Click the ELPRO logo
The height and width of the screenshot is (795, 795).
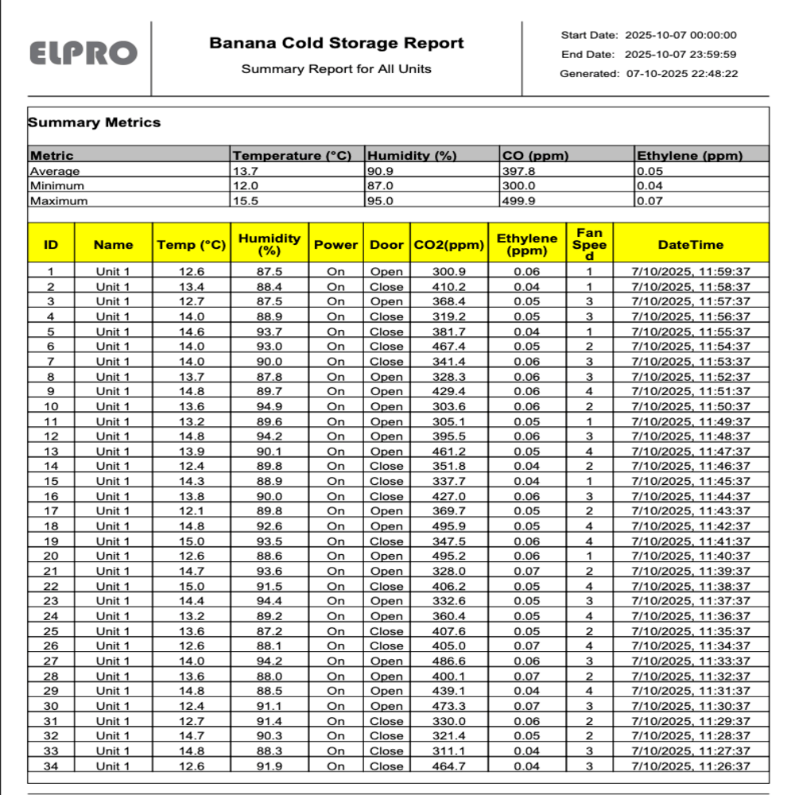(83, 52)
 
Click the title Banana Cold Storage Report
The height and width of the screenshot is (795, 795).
(336, 43)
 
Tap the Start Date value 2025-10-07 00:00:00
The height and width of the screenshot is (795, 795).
(681, 35)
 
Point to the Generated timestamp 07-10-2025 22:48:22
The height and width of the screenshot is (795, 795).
(681, 74)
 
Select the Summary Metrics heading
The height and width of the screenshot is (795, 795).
(95, 122)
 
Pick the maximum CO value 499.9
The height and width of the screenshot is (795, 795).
(518, 201)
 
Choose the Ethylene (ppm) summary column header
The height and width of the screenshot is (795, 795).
(689, 156)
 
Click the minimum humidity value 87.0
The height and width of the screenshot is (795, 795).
(379, 186)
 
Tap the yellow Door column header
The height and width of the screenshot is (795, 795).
(386, 245)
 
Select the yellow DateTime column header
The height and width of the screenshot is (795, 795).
(690, 245)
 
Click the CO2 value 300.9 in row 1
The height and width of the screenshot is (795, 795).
(449, 272)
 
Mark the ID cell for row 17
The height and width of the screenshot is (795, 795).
(51, 511)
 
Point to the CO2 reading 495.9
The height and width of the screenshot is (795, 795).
(449, 526)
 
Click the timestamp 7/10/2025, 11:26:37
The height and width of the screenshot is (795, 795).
(690, 766)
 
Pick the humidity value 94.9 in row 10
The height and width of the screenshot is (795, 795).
(270, 406)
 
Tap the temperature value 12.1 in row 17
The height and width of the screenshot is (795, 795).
(191, 511)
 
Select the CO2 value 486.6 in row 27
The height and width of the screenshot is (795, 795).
(449, 661)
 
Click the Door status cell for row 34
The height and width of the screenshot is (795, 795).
(386, 766)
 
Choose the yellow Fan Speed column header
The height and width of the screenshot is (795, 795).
(589, 244)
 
